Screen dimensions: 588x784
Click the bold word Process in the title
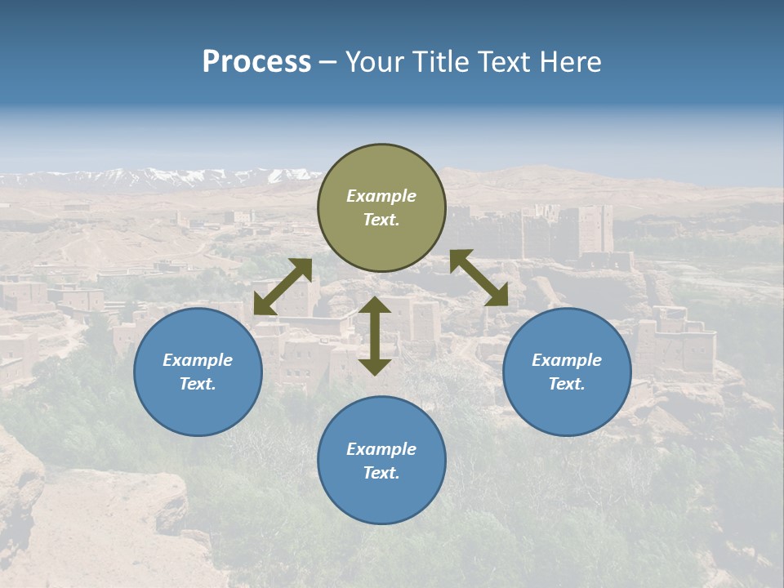(x=256, y=62)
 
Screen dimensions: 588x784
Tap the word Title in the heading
(x=441, y=62)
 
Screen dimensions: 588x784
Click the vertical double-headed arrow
(x=375, y=336)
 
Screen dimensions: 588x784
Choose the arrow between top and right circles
(x=479, y=278)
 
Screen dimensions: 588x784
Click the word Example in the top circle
(x=381, y=196)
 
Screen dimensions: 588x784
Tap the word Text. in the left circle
(x=198, y=384)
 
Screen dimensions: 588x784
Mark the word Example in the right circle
(x=567, y=360)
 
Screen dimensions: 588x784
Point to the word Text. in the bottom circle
(x=381, y=473)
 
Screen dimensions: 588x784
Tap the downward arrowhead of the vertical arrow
(x=375, y=367)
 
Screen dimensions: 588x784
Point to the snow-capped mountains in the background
(x=163, y=176)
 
